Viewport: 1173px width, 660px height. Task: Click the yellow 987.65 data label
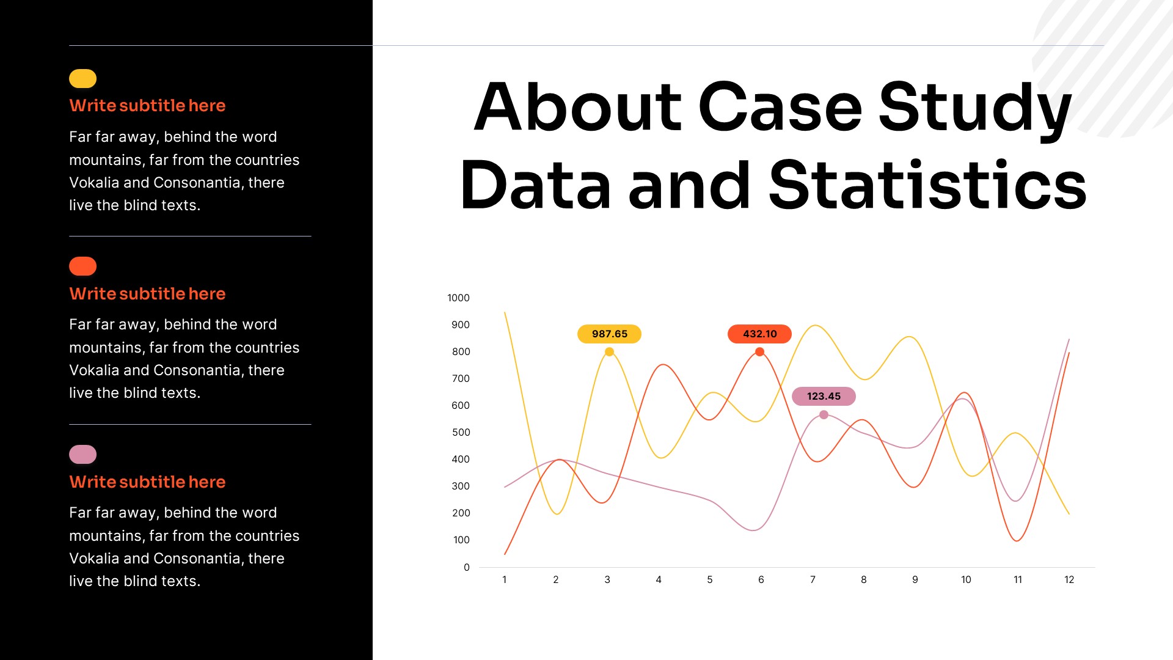click(x=609, y=334)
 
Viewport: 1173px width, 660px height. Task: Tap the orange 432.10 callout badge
click(x=759, y=334)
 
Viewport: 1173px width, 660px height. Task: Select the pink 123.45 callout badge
click(x=824, y=397)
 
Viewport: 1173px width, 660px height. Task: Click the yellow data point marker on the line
click(x=609, y=352)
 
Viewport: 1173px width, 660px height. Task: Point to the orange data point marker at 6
click(x=759, y=352)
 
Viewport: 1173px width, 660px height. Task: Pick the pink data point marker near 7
click(x=824, y=415)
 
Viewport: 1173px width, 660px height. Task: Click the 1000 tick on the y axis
click(x=458, y=298)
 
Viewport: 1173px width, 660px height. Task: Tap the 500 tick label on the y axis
click(x=461, y=433)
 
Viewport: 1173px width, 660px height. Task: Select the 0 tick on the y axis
click(x=467, y=568)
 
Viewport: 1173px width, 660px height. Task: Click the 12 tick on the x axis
click(x=1069, y=580)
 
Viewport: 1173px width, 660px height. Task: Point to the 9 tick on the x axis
click(x=915, y=580)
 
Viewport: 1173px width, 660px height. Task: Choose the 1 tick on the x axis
click(x=505, y=580)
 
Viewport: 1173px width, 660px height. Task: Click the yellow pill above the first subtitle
click(x=83, y=79)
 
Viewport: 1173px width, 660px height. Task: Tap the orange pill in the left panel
click(x=83, y=266)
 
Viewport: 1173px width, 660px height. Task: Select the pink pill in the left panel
click(x=83, y=455)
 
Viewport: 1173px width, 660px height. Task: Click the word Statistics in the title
click(x=927, y=185)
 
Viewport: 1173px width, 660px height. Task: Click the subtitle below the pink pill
click(x=147, y=482)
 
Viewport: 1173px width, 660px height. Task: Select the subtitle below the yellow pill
click(x=147, y=106)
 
